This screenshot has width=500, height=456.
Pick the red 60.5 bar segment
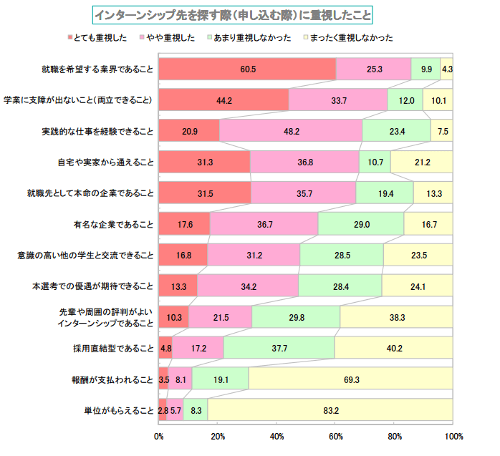(247, 69)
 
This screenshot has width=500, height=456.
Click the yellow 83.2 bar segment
(330, 410)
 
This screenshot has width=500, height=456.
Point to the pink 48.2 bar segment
(290, 131)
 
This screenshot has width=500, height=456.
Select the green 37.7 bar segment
(279, 348)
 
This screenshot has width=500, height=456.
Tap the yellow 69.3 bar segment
(350, 379)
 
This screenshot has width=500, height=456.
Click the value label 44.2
(223, 100)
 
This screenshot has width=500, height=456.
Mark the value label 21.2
(422, 162)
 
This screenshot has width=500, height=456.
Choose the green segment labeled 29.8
(296, 317)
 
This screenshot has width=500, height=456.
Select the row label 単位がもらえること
(119, 410)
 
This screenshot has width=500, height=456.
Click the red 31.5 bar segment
(205, 193)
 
